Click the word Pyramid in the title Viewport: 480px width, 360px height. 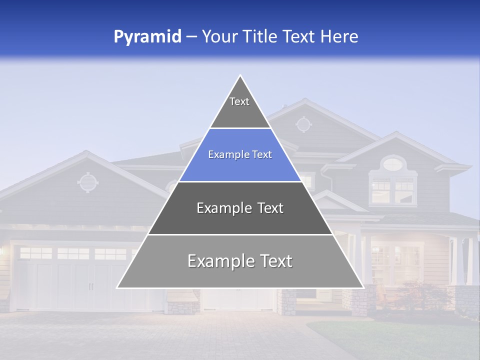[x=147, y=37]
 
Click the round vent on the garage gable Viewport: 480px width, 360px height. [x=88, y=182]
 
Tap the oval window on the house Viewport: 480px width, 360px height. [x=393, y=163]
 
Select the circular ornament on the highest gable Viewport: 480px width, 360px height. [x=303, y=123]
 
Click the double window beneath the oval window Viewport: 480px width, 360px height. [x=393, y=190]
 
